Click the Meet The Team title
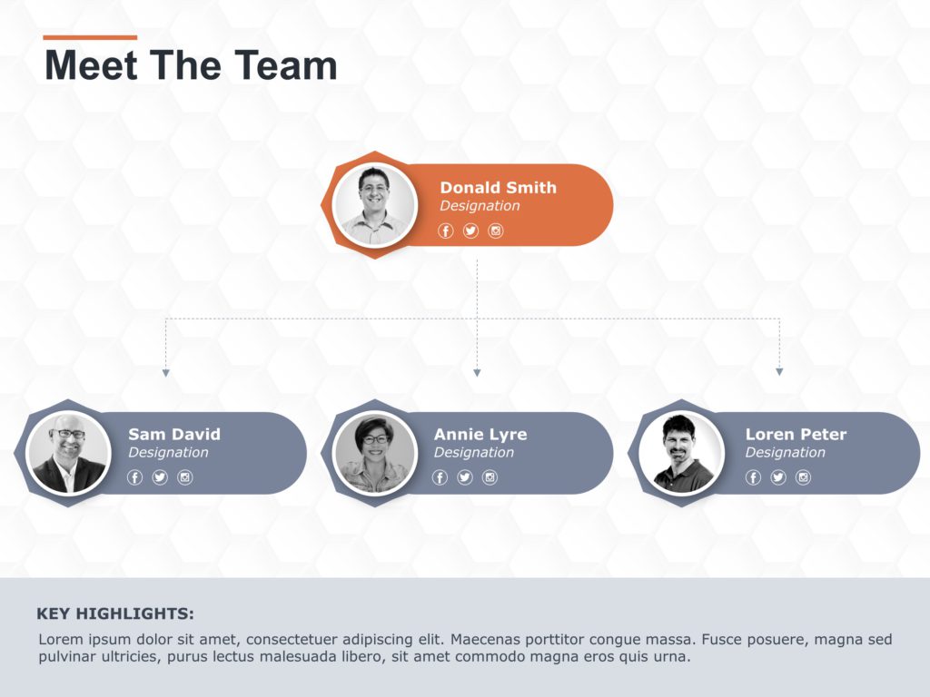point(191,65)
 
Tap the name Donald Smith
point(498,188)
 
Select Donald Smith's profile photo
point(374,205)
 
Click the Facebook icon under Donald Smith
point(446,231)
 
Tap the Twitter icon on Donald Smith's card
point(470,231)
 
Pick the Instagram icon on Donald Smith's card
point(496,231)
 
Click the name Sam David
point(174,435)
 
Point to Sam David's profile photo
point(69,453)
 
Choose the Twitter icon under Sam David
point(160,477)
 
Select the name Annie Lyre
point(480,435)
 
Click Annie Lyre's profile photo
point(375,453)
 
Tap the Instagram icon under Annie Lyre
point(490,477)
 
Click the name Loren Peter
point(796,435)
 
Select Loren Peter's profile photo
point(681,453)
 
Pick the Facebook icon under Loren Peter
point(753,477)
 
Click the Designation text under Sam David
point(168,453)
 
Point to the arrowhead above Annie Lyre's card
point(477,372)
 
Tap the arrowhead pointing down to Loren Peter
point(779,372)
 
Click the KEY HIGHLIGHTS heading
point(115,614)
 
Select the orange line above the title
point(90,38)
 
